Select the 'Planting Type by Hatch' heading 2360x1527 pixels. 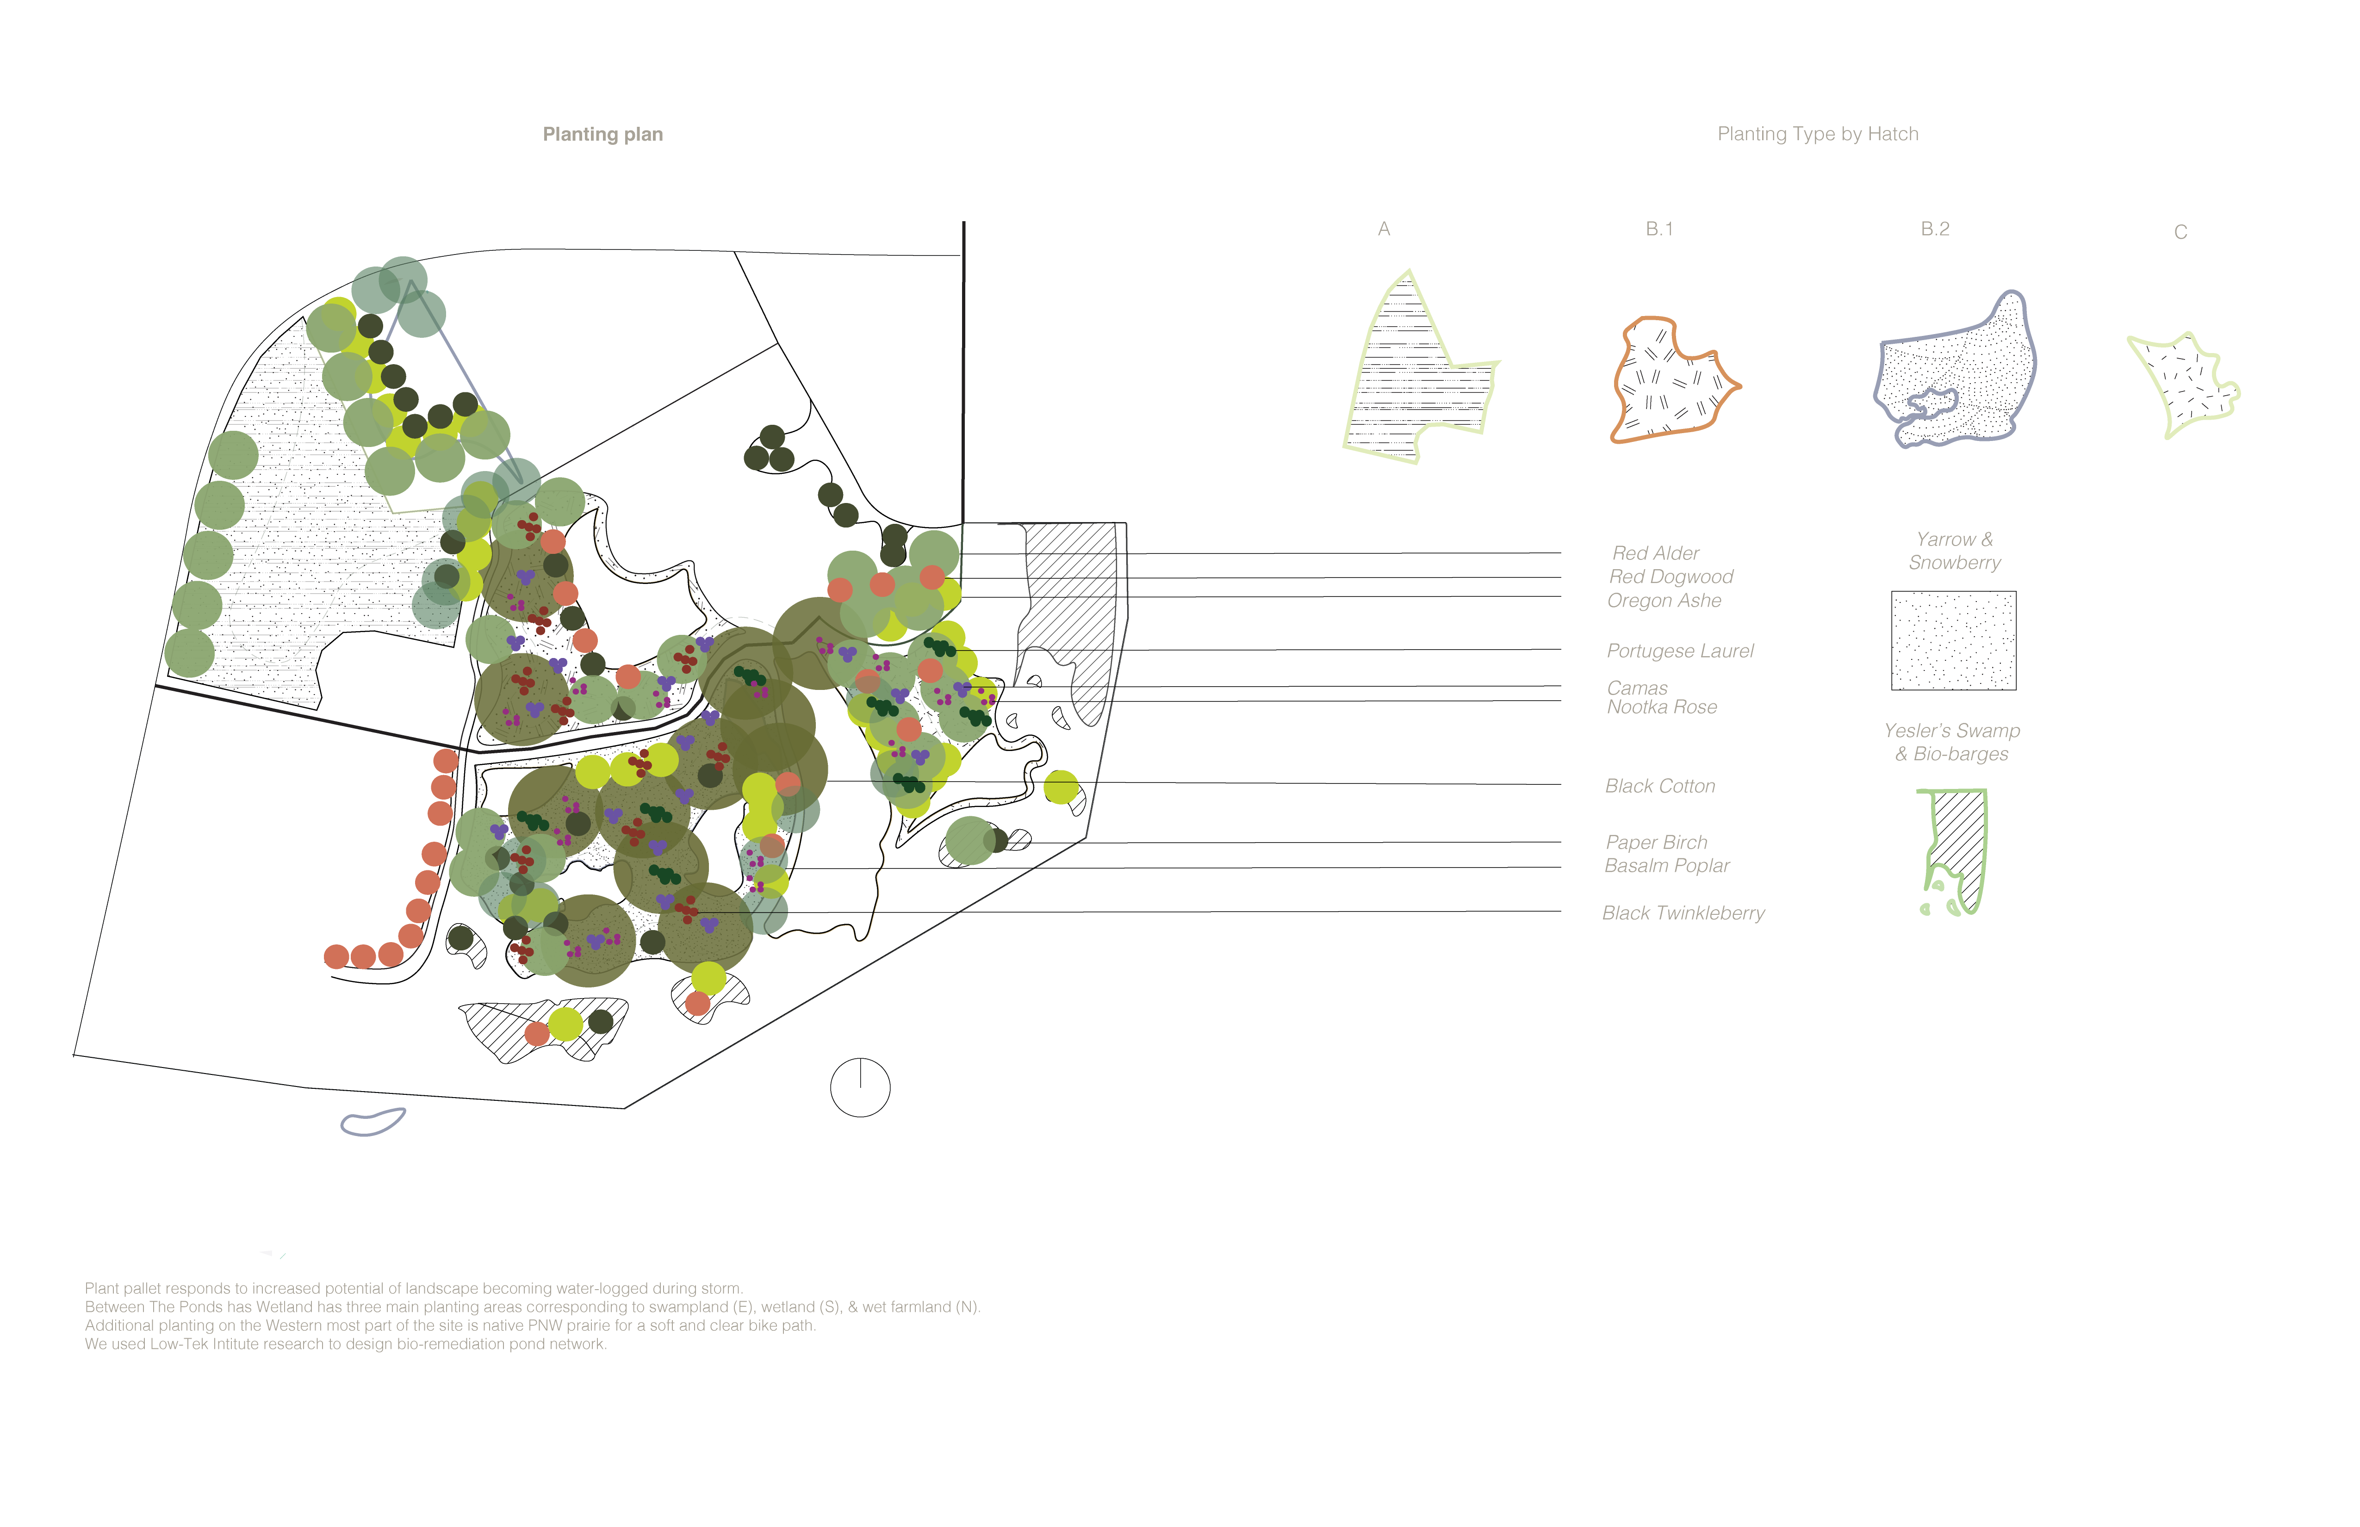(x=1818, y=134)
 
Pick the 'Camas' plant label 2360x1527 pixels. (x=1637, y=687)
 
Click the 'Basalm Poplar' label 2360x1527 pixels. (x=1667, y=866)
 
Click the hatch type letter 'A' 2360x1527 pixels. (x=1384, y=229)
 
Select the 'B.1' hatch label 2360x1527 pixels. (x=1659, y=229)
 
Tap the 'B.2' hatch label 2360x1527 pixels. (x=1935, y=229)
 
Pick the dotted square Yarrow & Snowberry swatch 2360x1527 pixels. (x=1953, y=640)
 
